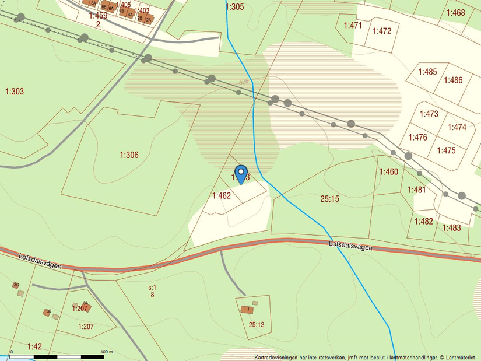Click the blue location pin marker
point(241,174)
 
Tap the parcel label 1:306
point(129,155)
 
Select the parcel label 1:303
point(15,91)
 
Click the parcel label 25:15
point(329,199)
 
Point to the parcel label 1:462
point(222,196)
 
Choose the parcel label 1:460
point(389,171)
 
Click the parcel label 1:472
point(382,31)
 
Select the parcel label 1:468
point(455,12)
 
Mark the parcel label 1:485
point(427,72)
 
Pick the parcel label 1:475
point(446,150)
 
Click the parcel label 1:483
point(452,227)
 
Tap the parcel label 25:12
point(257,324)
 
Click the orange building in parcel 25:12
point(247,309)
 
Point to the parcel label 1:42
point(34,346)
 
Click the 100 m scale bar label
point(106,352)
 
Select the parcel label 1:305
point(234,7)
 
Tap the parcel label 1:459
point(99,16)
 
